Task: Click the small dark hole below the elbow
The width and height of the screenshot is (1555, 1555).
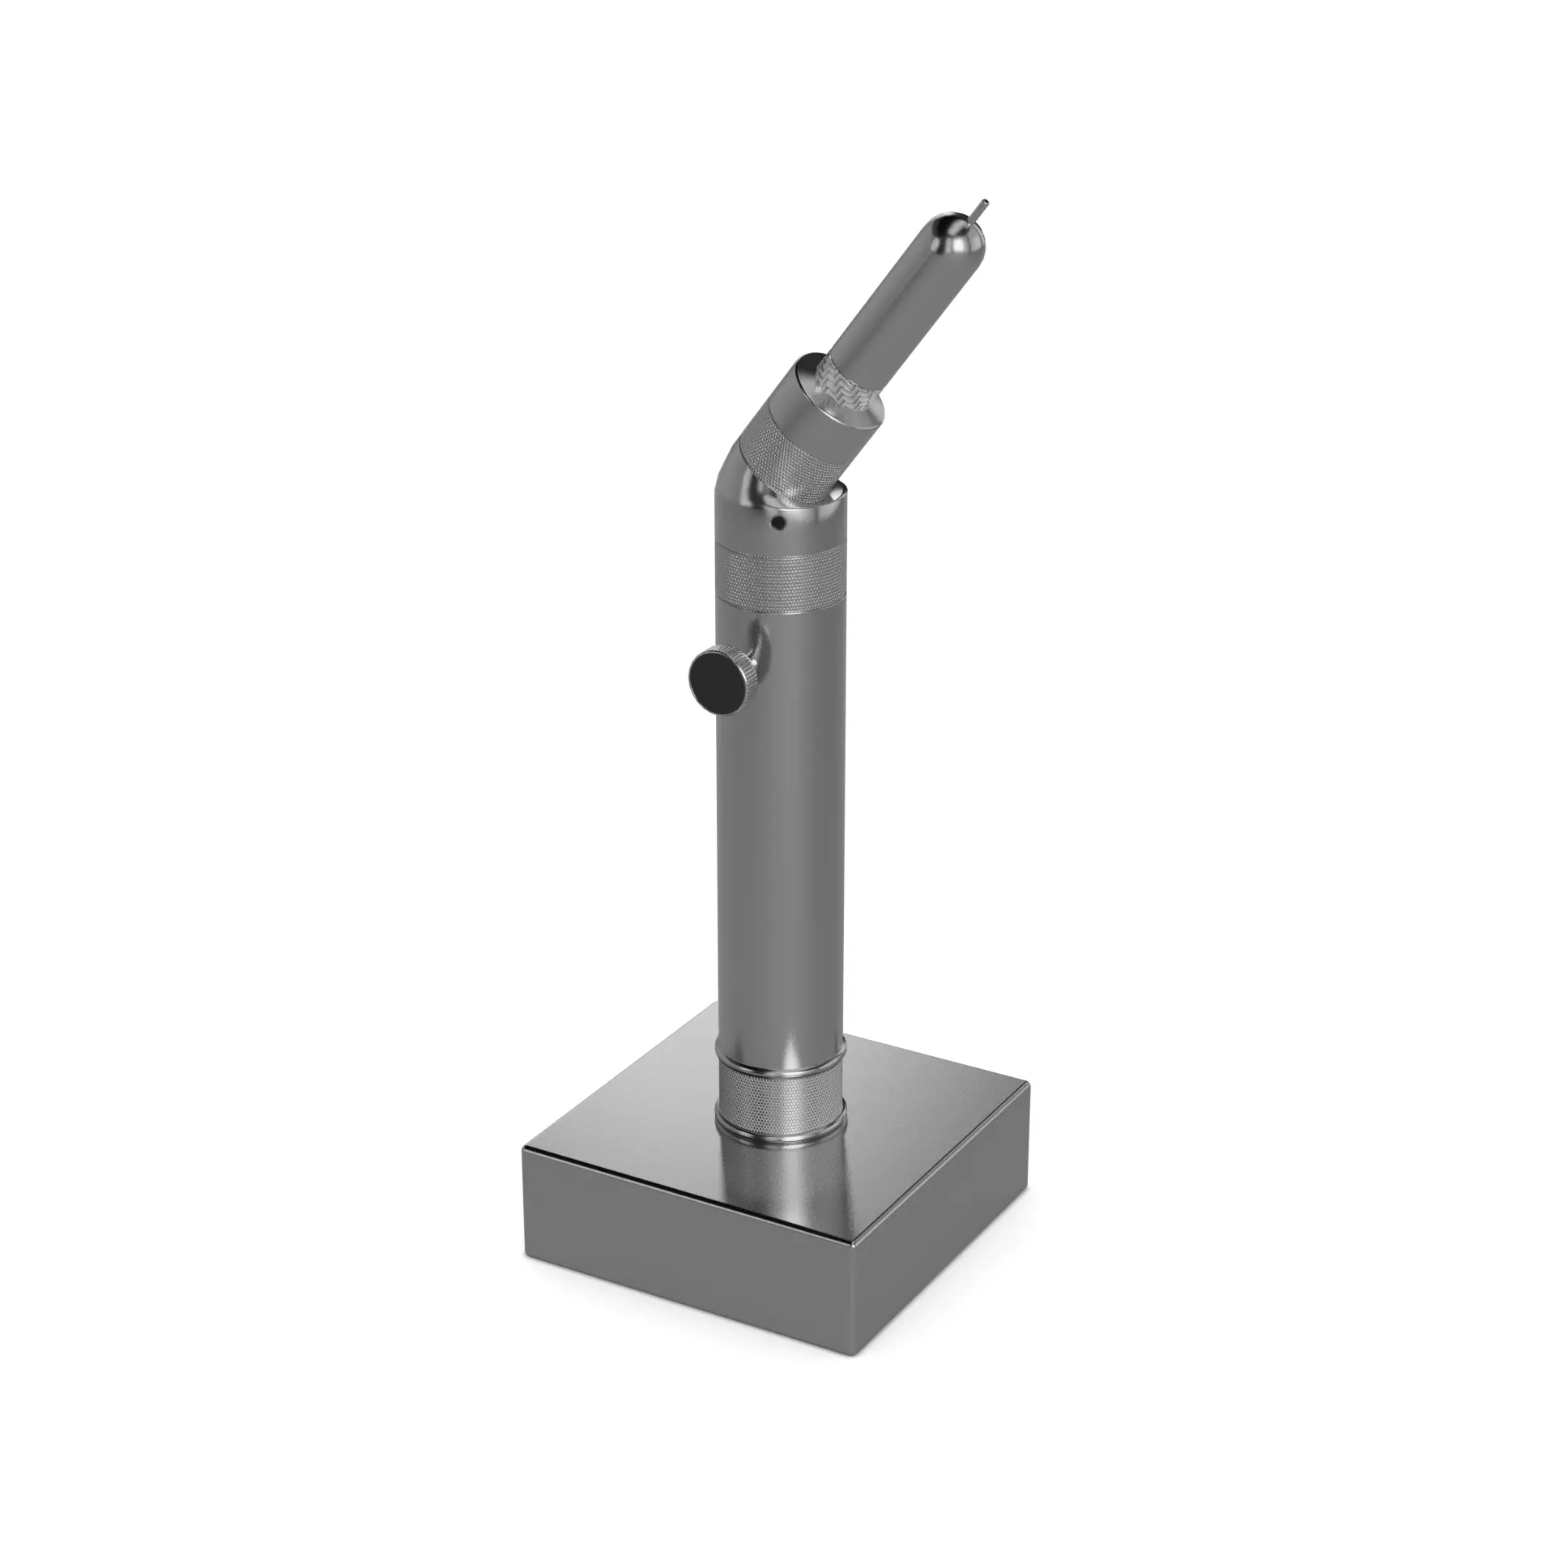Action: pyautogui.click(x=777, y=524)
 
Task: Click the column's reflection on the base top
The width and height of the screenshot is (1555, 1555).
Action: pyautogui.click(x=779, y=1174)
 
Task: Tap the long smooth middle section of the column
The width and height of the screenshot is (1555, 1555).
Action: pyautogui.click(x=778, y=850)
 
